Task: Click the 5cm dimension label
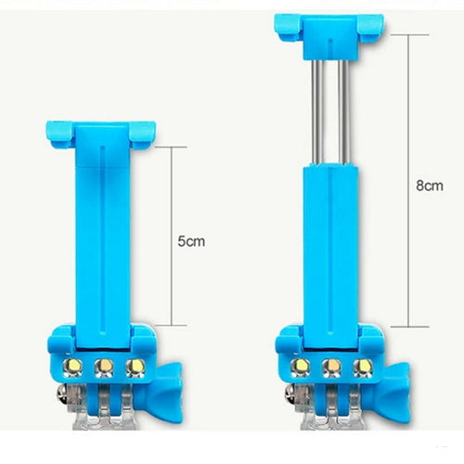coord(191,241)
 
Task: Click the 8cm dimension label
coord(430,186)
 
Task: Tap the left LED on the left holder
coord(72,367)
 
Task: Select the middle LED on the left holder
coord(104,367)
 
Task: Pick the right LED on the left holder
coord(135,367)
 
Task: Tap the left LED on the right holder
coord(301,367)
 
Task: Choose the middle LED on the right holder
coord(331,367)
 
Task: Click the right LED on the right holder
coord(363,367)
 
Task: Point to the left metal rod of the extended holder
coord(317,113)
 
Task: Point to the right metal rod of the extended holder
coord(344,113)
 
